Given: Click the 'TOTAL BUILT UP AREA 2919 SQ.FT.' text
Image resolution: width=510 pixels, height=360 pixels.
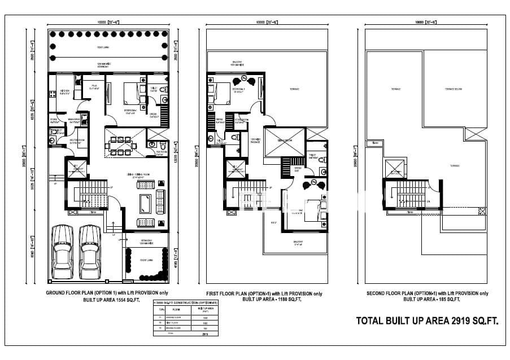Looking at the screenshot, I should [x=427, y=321].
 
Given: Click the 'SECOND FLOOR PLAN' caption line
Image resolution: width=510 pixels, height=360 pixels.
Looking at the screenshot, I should [x=427, y=293].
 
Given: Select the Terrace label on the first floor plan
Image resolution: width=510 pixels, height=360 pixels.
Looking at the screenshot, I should [x=296, y=89].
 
